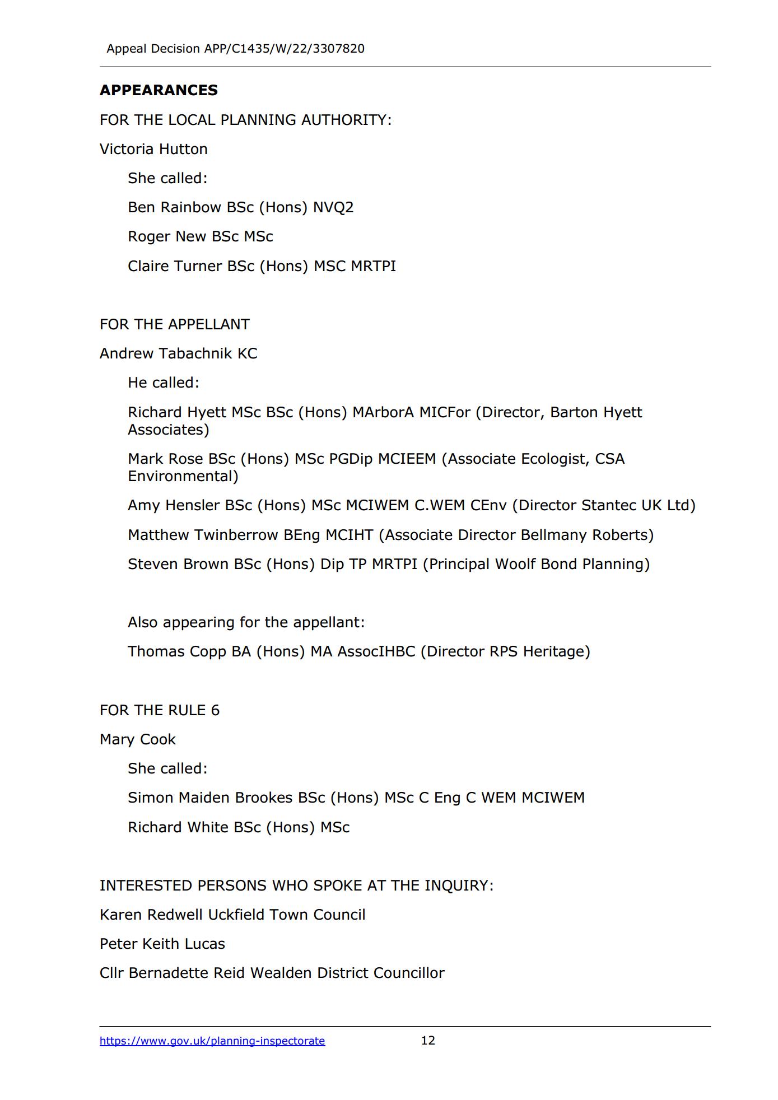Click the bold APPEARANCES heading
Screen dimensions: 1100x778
click(x=159, y=90)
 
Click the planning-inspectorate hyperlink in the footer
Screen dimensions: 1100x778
click(x=212, y=1041)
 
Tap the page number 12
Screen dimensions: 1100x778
click(x=428, y=1040)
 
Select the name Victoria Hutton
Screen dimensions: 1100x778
click(x=153, y=149)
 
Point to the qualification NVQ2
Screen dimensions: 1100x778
click(x=333, y=207)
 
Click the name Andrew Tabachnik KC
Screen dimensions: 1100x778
click(x=178, y=353)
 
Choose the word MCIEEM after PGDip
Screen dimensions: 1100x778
click(x=407, y=459)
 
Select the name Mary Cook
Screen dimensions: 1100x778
click(x=137, y=739)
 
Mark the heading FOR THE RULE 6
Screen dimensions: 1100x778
click(x=159, y=710)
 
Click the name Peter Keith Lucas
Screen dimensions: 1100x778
click(x=162, y=944)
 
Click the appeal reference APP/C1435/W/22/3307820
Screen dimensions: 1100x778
click(x=284, y=49)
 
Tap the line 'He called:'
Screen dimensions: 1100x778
click(x=163, y=383)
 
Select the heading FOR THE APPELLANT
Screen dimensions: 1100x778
click(x=174, y=324)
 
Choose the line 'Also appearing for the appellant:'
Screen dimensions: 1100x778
click(x=246, y=622)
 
